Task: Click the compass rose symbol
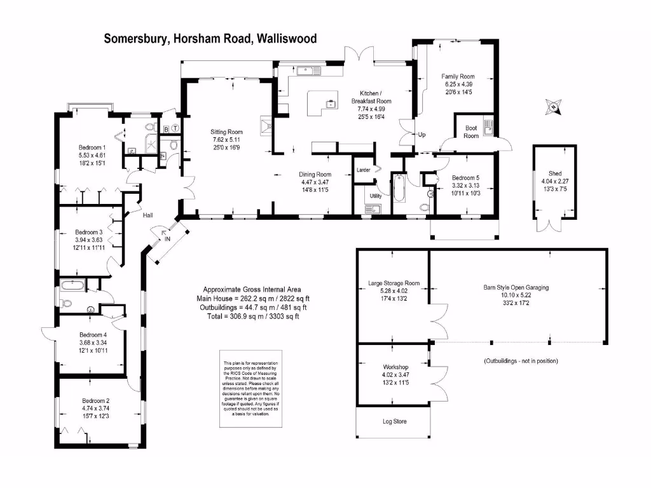click(x=554, y=107)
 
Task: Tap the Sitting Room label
click(x=227, y=132)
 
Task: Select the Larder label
click(x=363, y=170)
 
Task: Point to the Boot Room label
click(x=471, y=132)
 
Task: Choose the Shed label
click(x=555, y=173)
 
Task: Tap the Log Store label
click(x=394, y=421)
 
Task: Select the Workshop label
click(x=395, y=368)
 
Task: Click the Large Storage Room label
click(x=394, y=283)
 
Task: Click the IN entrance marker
click(x=167, y=239)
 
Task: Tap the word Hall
click(x=147, y=215)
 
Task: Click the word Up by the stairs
click(x=421, y=135)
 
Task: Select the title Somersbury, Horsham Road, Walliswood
click(x=210, y=39)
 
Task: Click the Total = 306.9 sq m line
click(x=252, y=316)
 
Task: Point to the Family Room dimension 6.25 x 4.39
click(x=458, y=85)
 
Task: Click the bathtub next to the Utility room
click(x=399, y=189)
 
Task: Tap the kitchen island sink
click(x=330, y=103)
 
